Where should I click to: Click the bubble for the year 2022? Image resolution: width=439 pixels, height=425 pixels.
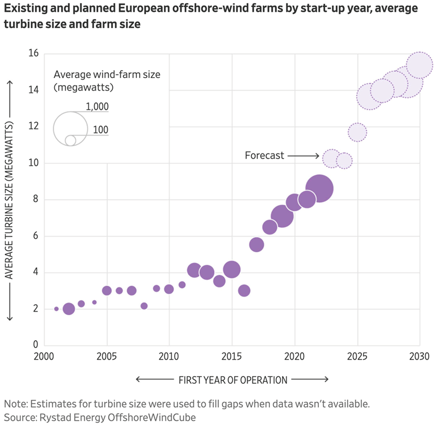click(x=319, y=189)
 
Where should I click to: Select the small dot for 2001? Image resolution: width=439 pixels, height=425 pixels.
click(x=56, y=309)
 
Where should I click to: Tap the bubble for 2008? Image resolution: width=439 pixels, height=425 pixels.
click(x=144, y=306)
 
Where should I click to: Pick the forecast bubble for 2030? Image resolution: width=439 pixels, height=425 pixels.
click(x=419, y=65)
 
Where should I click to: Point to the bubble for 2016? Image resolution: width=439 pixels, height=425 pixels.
click(x=244, y=291)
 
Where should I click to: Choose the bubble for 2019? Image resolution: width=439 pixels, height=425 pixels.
click(x=282, y=215)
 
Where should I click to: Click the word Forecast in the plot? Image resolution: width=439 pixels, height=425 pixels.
click(x=264, y=156)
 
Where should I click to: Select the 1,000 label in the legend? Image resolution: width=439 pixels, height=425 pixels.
click(x=97, y=107)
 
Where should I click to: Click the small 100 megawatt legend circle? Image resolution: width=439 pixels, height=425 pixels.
click(x=70, y=140)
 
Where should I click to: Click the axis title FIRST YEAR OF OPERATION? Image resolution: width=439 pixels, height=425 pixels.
click(x=233, y=380)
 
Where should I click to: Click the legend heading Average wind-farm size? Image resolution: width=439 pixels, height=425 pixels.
click(x=107, y=74)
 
